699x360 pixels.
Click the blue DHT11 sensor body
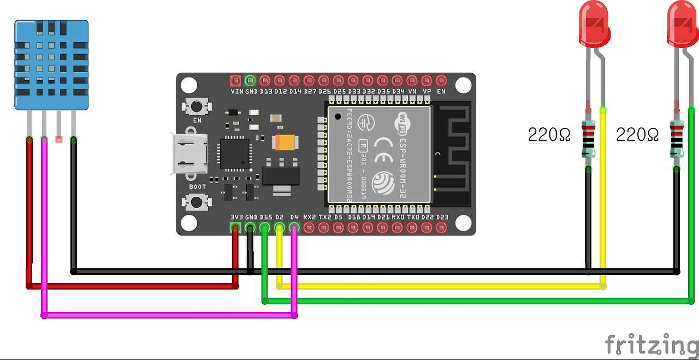click(x=51, y=64)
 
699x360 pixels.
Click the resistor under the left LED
click(x=588, y=139)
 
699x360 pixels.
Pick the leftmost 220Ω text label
click(x=549, y=134)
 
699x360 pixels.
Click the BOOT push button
click(x=197, y=202)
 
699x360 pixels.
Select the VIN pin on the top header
click(x=236, y=80)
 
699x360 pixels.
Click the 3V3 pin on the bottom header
click(x=236, y=227)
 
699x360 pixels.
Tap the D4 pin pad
click(x=294, y=227)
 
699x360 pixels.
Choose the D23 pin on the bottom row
click(x=442, y=227)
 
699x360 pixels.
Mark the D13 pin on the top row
click(x=265, y=80)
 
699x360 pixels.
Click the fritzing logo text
click(x=651, y=345)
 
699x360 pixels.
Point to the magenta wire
click(x=169, y=315)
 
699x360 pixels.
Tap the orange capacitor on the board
click(x=286, y=143)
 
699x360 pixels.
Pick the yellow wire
click(x=437, y=286)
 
